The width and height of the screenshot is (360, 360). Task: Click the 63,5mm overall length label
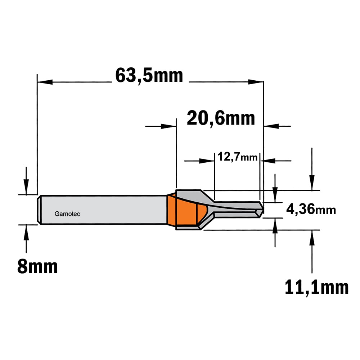coord(149,76)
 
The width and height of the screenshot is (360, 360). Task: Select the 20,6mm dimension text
coord(221,118)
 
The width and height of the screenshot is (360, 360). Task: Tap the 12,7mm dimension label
coord(237,157)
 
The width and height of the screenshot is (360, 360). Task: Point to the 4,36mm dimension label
coord(311,210)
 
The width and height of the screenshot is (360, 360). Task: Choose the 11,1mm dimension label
coord(316,287)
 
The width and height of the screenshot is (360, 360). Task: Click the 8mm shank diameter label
coord(37,266)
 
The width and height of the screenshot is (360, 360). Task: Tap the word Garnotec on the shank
coord(67,214)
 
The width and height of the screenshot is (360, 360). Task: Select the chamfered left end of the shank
coord(39,210)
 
